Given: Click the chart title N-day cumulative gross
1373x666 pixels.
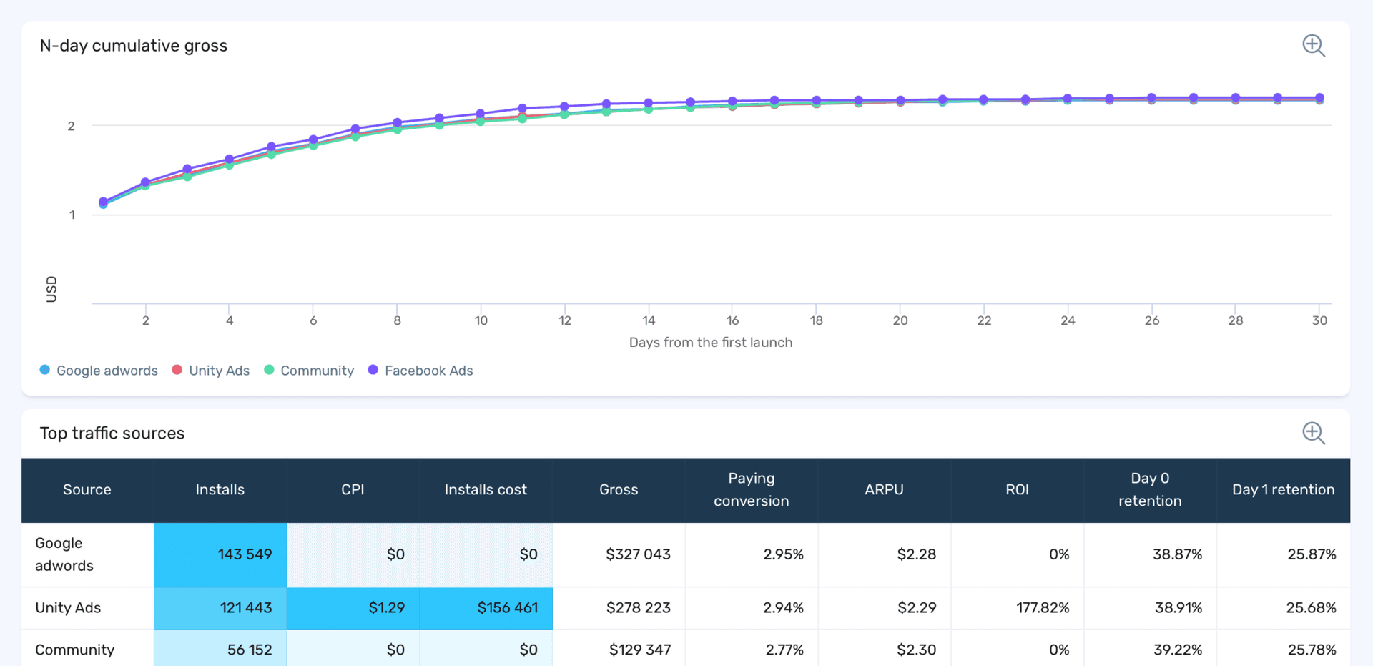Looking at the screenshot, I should tap(134, 46).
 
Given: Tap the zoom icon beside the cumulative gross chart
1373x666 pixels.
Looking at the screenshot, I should tap(1313, 46).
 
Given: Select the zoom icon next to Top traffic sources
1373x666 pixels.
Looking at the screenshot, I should tap(1313, 433).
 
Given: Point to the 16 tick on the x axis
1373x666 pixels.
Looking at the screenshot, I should tap(732, 320).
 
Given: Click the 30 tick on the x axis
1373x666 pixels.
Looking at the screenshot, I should tap(1319, 320).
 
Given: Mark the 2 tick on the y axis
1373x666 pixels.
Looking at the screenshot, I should tap(71, 127).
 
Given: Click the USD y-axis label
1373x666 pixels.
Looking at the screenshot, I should tap(51, 289).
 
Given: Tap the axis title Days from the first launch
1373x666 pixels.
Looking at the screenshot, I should tap(710, 343).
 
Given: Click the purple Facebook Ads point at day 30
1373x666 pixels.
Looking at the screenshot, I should tap(1319, 98).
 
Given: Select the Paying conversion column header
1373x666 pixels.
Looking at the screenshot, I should tap(751, 489).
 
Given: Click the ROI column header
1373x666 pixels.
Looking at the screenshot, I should tap(1017, 489).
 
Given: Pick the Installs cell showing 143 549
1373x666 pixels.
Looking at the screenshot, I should tap(245, 554).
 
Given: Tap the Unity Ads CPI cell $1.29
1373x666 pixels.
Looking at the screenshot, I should tap(386, 608).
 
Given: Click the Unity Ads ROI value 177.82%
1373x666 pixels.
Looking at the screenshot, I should tap(1042, 608).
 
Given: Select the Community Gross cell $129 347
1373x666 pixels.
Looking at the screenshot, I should tap(639, 650).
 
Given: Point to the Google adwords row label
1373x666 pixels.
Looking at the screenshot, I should tap(64, 554).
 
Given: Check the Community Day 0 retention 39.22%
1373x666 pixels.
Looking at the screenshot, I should tap(1177, 650).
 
